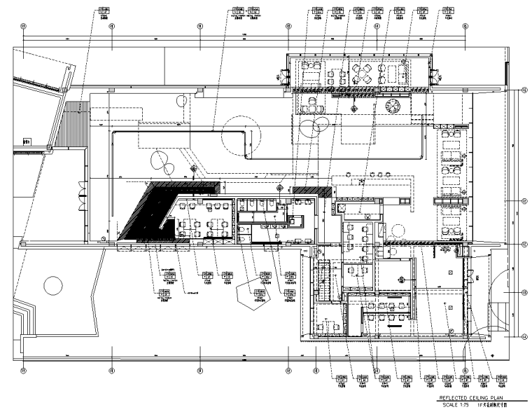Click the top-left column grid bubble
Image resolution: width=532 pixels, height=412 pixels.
[x=23, y=26]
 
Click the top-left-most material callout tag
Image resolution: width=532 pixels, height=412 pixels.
[x=104, y=13]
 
